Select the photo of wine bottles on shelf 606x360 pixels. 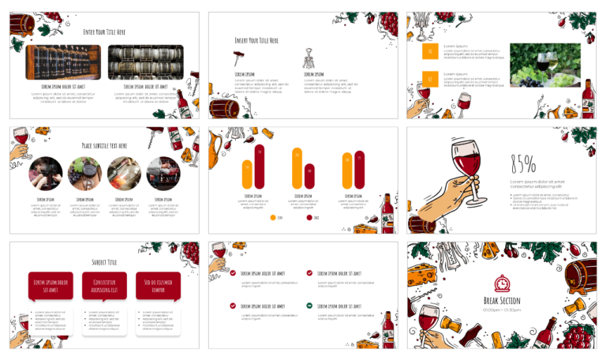pyautogui.click(x=65, y=62)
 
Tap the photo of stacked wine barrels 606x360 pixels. pyautogui.click(x=145, y=62)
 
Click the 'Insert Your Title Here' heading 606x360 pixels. pyautogui.click(x=257, y=39)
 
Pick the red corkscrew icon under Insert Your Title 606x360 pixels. pyautogui.click(x=238, y=56)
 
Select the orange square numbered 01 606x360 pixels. pyautogui.click(x=430, y=52)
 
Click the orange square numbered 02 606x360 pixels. pyautogui.click(x=430, y=79)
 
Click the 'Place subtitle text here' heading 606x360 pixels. pyautogui.click(x=104, y=145)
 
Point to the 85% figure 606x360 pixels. pyautogui.click(x=523, y=163)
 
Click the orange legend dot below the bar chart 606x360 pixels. pyautogui.click(x=273, y=217)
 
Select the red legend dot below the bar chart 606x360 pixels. pyautogui.click(x=309, y=217)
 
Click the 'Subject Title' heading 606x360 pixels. pyautogui.click(x=104, y=262)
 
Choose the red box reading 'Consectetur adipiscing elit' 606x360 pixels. pyautogui.click(x=104, y=286)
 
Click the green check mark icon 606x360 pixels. pyautogui.click(x=310, y=305)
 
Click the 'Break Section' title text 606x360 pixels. pyautogui.click(x=502, y=301)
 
